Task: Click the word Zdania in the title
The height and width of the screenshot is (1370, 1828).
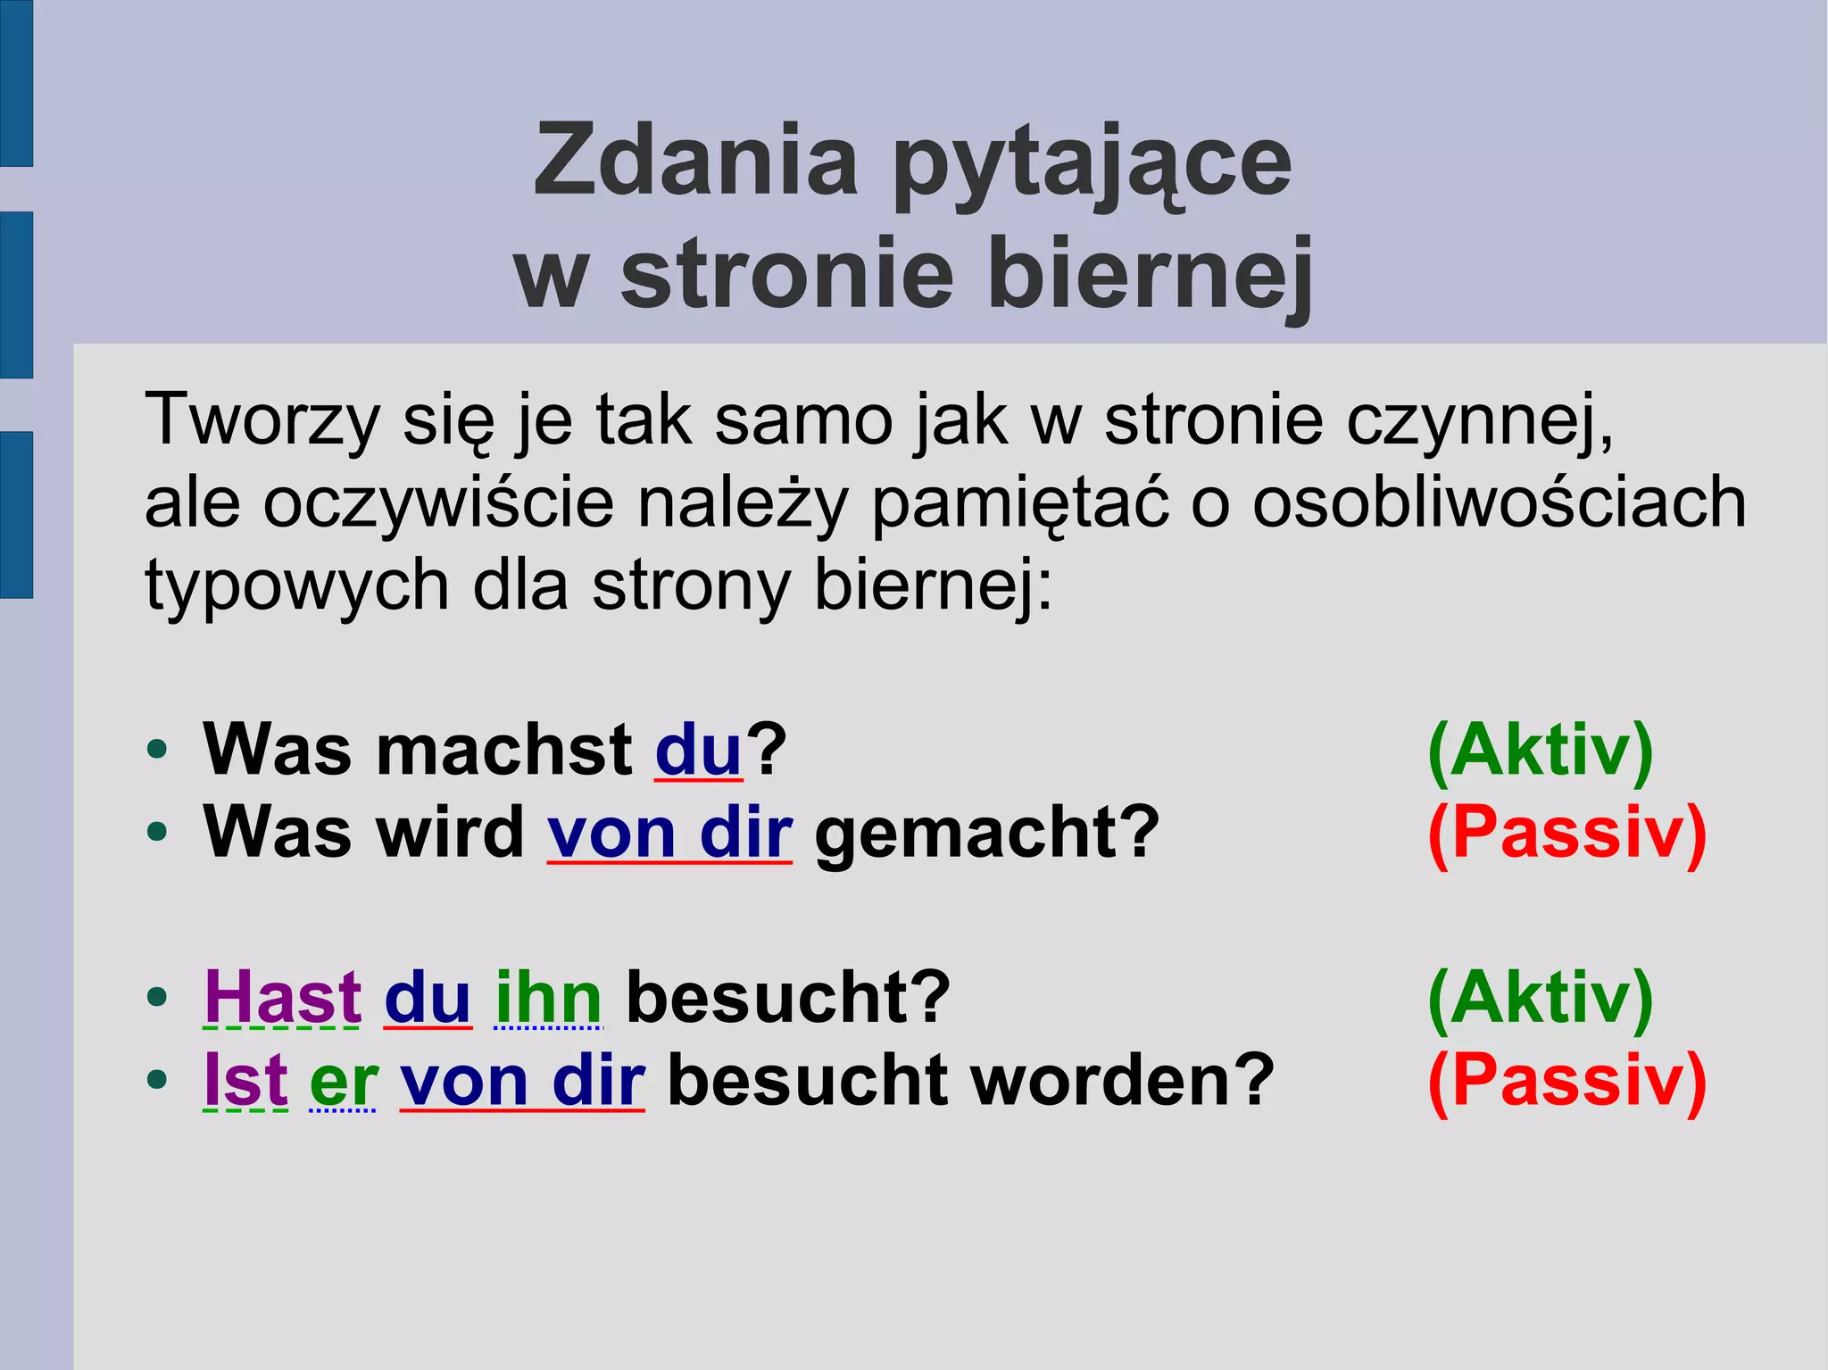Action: [x=695, y=162]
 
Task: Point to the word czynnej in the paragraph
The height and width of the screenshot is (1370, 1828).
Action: [x=1477, y=420]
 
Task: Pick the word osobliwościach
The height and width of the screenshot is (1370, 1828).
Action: [x=1499, y=502]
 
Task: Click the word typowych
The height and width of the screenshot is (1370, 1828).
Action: [x=296, y=586]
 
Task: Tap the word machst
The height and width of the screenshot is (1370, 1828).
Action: [x=504, y=750]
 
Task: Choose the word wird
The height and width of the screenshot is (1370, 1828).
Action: [x=450, y=833]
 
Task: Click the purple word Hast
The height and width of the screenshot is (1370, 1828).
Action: [x=282, y=998]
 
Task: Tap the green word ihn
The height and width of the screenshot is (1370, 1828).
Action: [x=548, y=998]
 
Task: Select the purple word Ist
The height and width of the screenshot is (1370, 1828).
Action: [x=245, y=1080]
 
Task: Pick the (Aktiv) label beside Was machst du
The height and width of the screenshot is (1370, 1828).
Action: [x=1541, y=751]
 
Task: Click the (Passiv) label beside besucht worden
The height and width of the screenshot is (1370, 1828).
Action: [x=1566, y=1080]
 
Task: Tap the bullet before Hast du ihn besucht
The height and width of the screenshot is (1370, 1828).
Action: [x=157, y=998]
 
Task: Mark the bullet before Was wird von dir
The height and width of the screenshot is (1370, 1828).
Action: [x=157, y=833]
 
